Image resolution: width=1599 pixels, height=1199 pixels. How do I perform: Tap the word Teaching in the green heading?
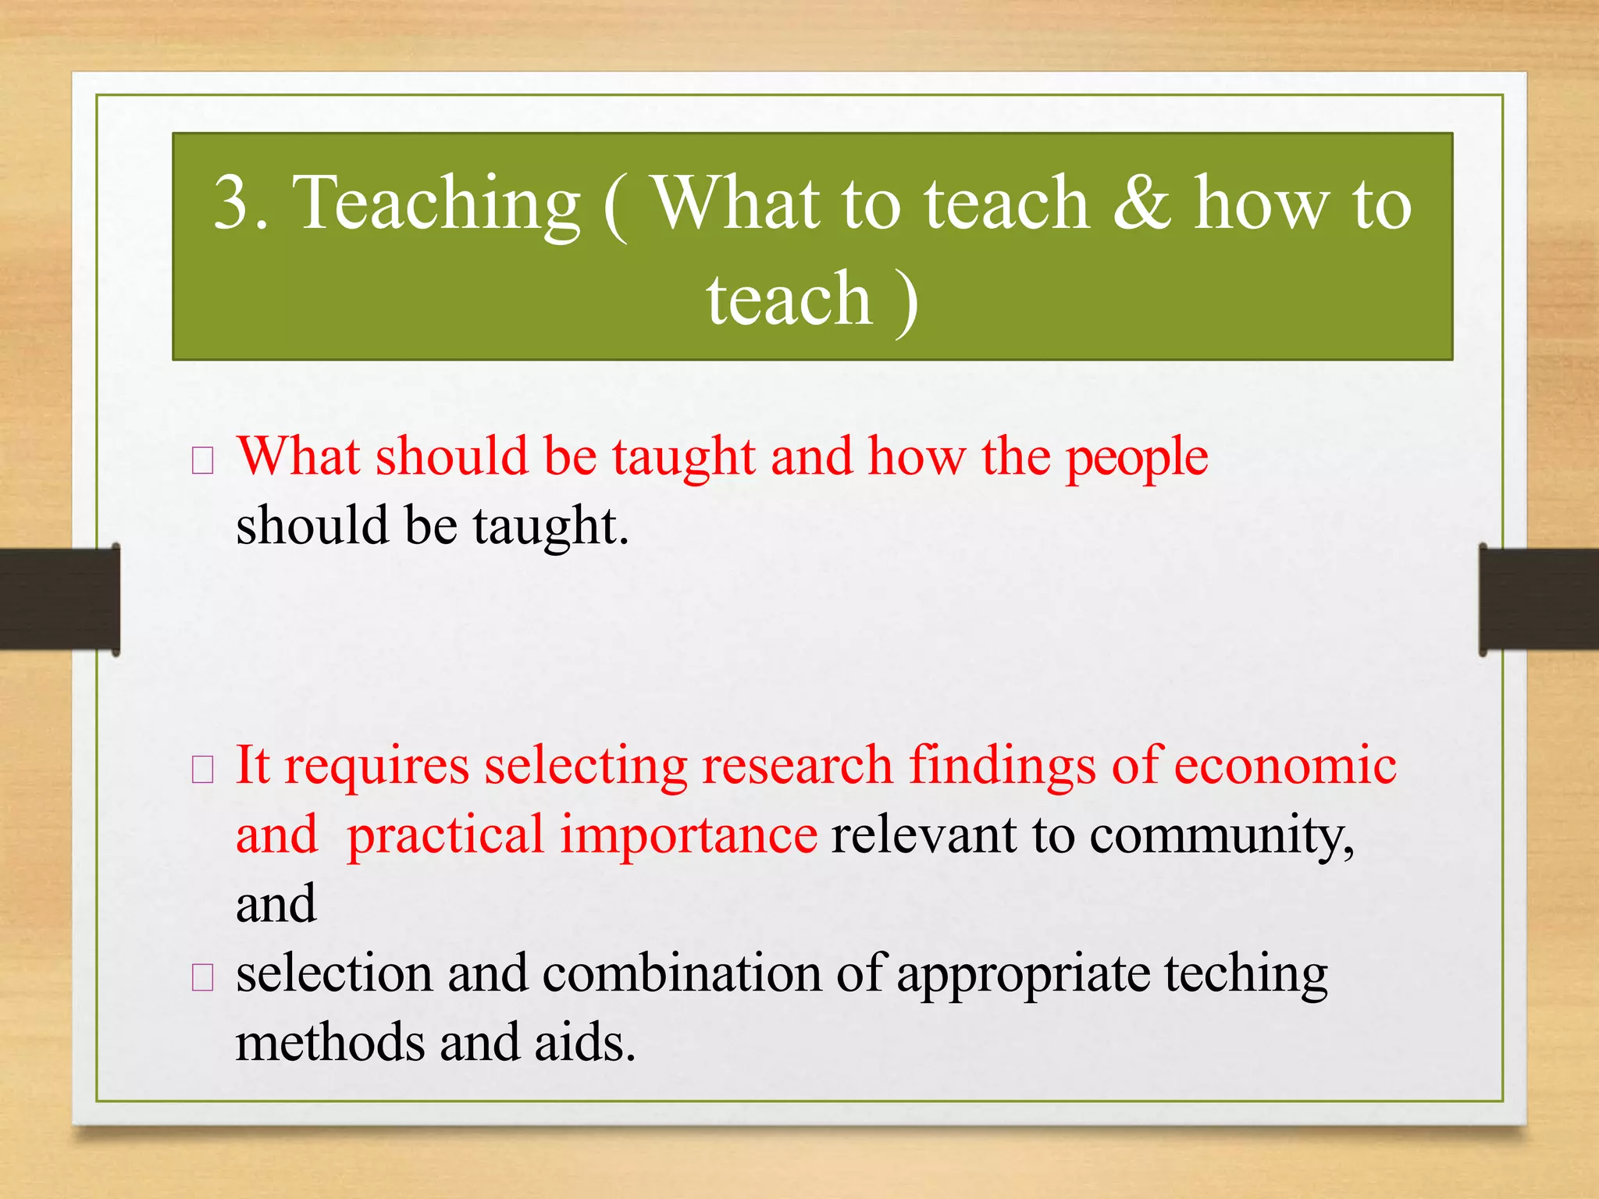(x=436, y=205)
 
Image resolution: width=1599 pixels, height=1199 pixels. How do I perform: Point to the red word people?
(x=1137, y=457)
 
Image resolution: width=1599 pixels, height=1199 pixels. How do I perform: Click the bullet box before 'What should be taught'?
(x=202, y=461)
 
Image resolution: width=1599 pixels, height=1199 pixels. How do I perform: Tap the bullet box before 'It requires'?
(x=202, y=770)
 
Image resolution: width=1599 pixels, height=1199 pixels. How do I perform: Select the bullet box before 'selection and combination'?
(x=202, y=977)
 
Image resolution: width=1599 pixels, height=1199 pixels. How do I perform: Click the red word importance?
(x=689, y=835)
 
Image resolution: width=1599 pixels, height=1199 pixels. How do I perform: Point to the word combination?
(x=681, y=974)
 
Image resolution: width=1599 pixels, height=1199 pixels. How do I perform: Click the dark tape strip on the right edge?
(x=1538, y=599)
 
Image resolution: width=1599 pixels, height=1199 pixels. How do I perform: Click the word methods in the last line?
(x=329, y=1043)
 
